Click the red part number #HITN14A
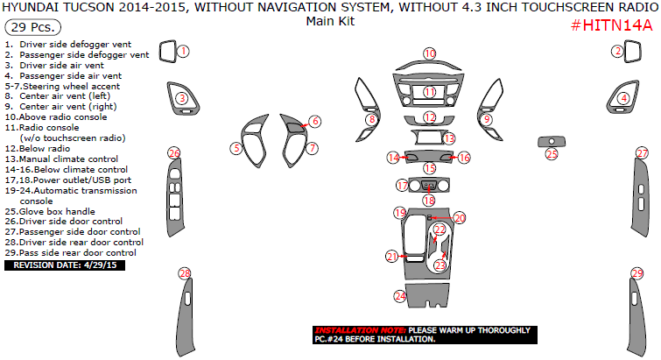(x=612, y=25)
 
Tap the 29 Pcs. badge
(x=33, y=27)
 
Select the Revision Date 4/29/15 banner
(x=65, y=265)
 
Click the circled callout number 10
(x=430, y=53)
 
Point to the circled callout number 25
(x=552, y=154)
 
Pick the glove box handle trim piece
(x=552, y=142)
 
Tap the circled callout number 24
(x=400, y=296)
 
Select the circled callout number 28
(x=185, y=273)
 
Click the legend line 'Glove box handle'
(x=50, y=212)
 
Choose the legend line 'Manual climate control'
(x=61, y=159)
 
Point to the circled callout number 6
(x=315, y=122)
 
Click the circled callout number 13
(x=449, y=138)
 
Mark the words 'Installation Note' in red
(x=361, y=330)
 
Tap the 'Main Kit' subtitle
(x=330, y=21)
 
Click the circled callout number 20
(x=460, y=218)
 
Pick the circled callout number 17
(x=403, y=185)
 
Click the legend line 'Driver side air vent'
(x=54, y=66)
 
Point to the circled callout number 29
(x=637, y=273)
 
